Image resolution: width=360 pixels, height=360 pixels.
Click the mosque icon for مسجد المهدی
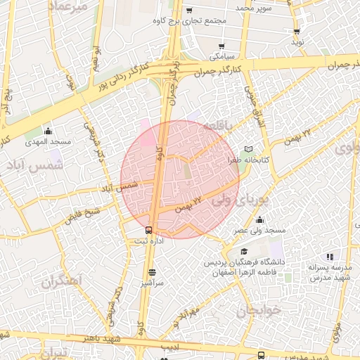point(48,131)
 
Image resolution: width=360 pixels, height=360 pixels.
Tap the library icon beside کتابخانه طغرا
point(247,149)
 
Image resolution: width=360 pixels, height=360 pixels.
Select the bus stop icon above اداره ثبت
point(148,230)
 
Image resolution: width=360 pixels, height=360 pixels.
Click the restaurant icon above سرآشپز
point(153,271)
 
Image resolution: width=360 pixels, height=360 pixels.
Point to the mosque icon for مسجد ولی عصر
point(259,220)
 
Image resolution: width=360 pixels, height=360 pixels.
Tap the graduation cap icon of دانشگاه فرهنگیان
point(244,252)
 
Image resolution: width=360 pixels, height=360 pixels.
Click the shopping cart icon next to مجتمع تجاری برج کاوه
point(190,11)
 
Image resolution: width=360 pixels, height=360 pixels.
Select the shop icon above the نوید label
point(297,32)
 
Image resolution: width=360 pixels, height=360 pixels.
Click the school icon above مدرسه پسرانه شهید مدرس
point(310,257)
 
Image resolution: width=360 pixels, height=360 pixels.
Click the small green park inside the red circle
point(188,169)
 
